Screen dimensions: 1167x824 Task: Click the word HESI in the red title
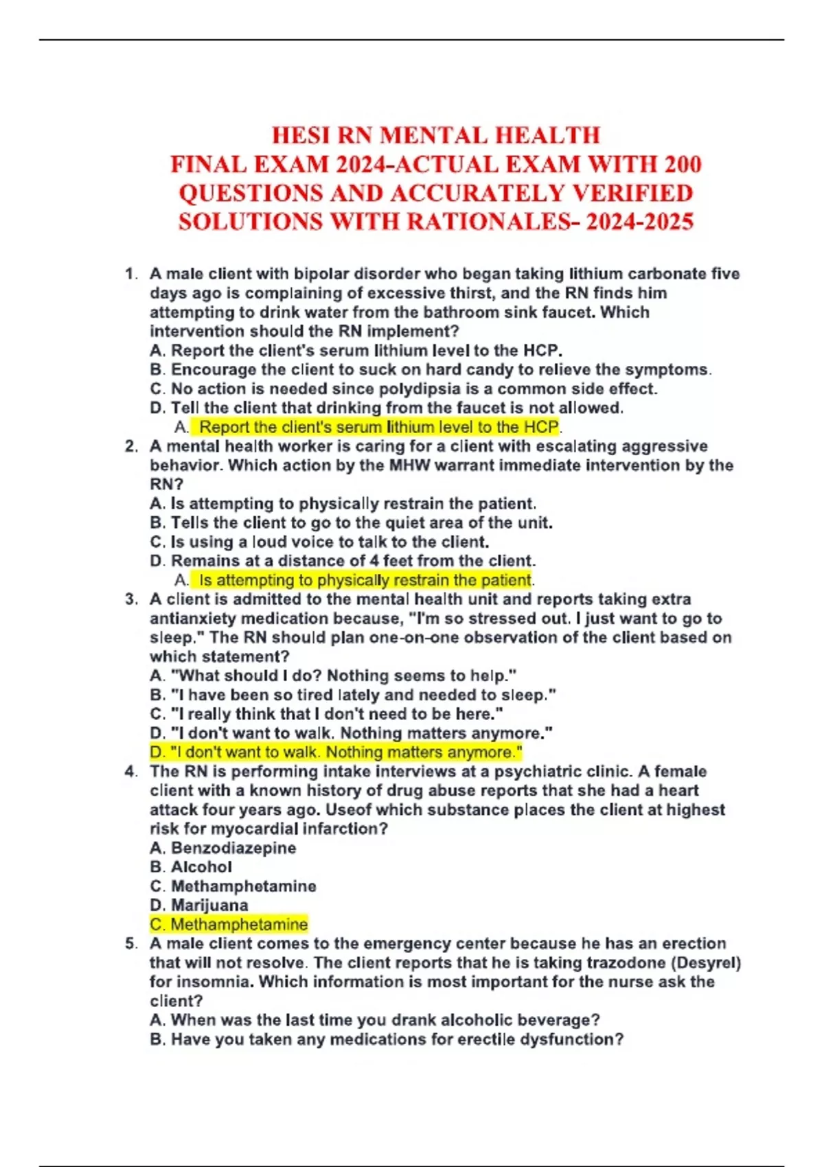click(x=301, y=135)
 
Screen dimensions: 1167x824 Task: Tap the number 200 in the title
click(x=683, y=165)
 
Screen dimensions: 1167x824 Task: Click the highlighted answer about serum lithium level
click(x=378, y=427)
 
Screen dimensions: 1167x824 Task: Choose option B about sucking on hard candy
click(x=430, y=369)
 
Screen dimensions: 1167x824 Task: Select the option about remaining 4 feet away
click(x=343, y=561)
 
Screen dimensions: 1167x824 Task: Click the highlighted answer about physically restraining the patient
click(x=364, y=580)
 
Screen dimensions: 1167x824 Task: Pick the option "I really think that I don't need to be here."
click(x=326, y=714)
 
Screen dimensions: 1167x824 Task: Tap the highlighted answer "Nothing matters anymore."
click(x=336, y=752)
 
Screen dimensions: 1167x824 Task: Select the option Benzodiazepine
click(x=223, y=848)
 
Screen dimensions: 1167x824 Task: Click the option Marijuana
click(x=199, y=905)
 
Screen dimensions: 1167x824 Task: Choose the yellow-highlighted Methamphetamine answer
click(x=229, y=925)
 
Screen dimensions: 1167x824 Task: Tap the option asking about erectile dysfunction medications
click(x=387, y=1039)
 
